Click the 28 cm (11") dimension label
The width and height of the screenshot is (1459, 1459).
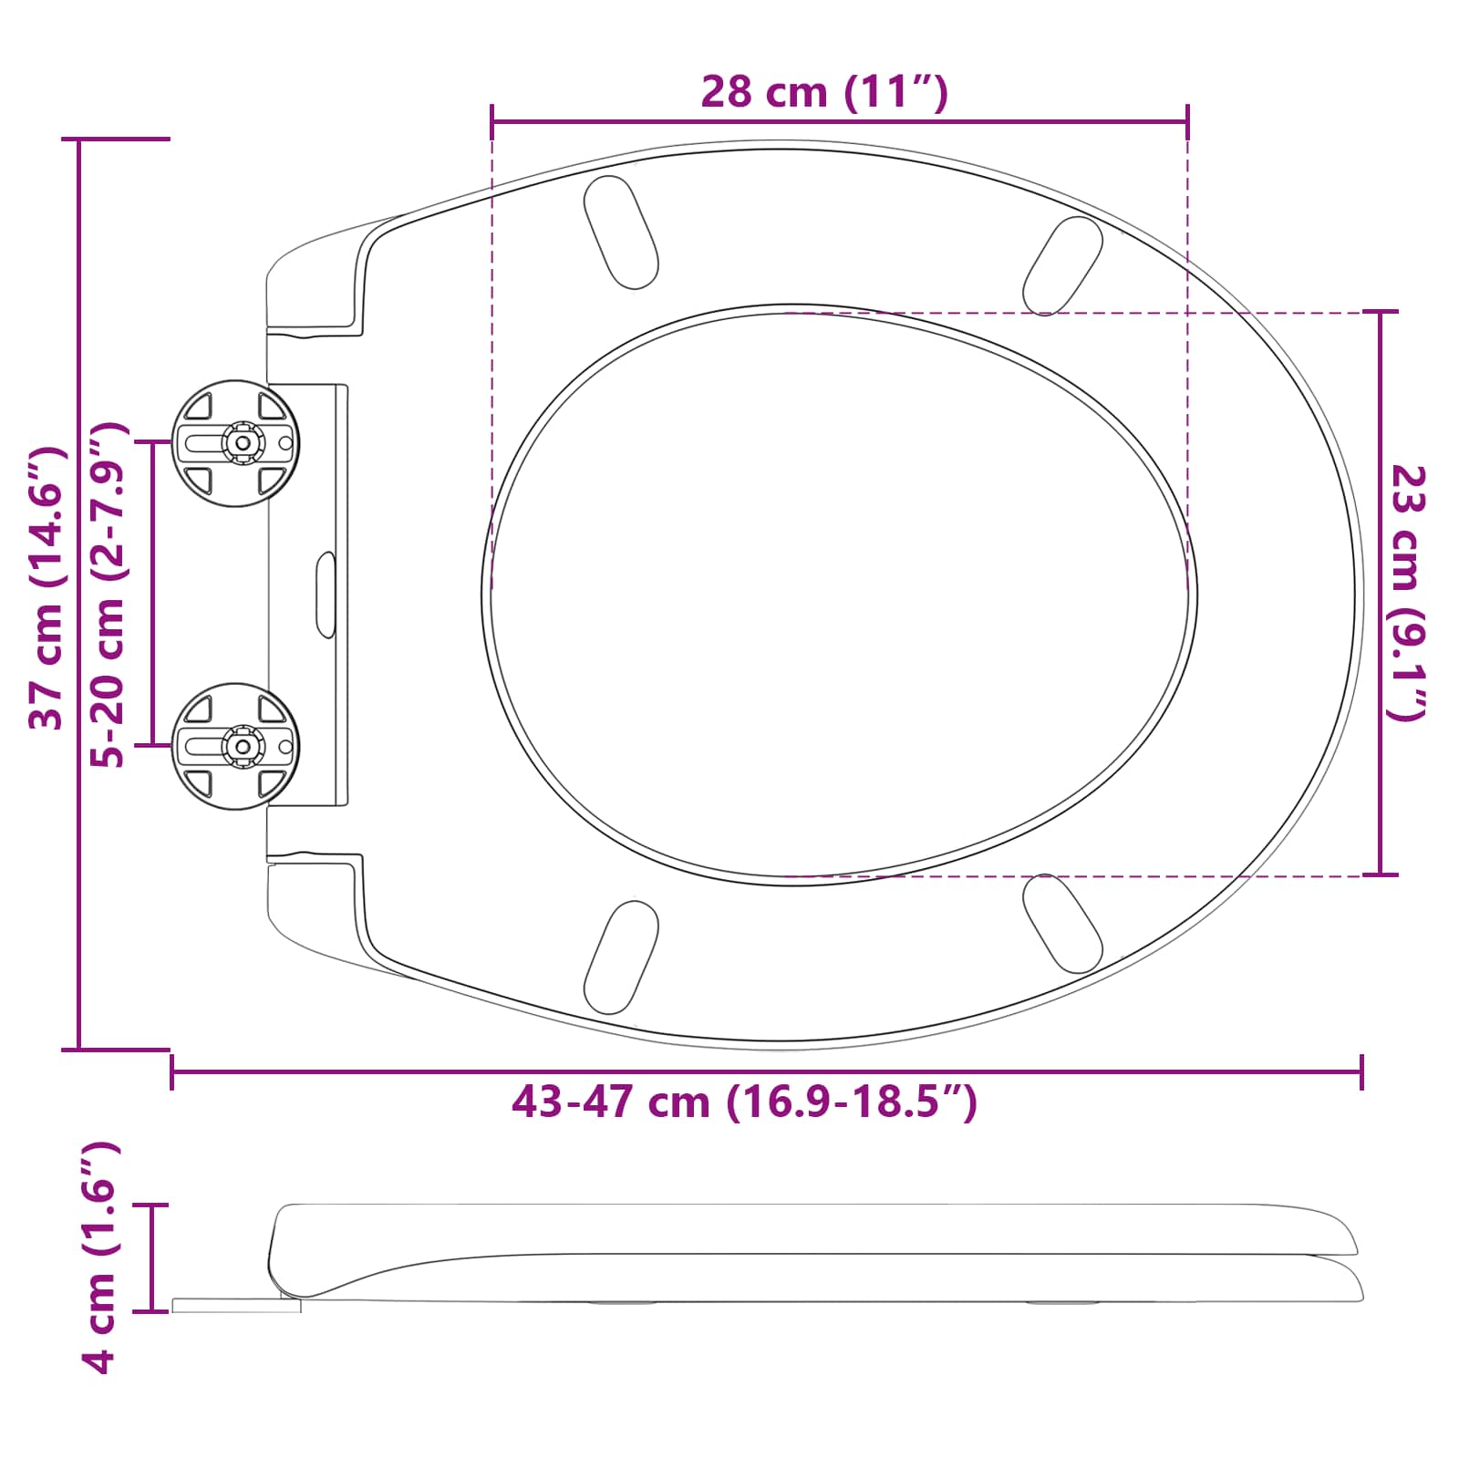coord(824,92)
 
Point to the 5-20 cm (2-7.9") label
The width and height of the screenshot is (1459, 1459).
coord(109,595)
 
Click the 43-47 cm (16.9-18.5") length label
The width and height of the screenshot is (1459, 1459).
coord(744,1102)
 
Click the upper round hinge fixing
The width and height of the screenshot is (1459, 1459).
coord(236,443)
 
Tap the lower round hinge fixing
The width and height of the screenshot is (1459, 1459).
coord(236,746)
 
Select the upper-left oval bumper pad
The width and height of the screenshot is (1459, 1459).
coord(620,233)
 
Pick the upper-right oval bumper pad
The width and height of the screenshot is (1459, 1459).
coord(1062,265)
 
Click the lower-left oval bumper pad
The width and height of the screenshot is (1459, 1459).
coord(620,957)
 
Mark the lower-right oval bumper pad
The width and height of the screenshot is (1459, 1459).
coord(1062,923)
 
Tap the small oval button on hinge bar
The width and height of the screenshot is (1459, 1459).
coord(326,595)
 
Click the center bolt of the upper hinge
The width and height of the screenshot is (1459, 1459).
coord(243,443)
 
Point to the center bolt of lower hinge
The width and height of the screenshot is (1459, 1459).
coord(243,746)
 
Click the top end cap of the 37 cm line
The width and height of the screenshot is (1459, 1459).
coord(116,140)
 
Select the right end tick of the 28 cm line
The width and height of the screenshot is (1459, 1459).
coord(1187,120)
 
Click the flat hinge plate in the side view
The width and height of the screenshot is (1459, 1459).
coord(236,1306)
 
